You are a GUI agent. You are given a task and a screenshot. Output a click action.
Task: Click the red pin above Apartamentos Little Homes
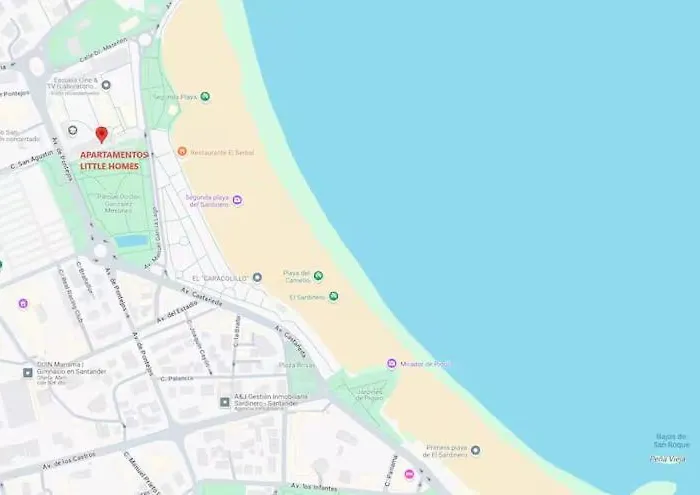click(101, 134)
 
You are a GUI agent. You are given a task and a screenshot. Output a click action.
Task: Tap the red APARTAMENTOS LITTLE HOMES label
click(113, 160)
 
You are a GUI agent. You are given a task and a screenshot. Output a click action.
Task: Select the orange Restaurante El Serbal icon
click(182, 152)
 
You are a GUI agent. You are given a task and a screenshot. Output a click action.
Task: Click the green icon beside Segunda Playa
click(205, 97)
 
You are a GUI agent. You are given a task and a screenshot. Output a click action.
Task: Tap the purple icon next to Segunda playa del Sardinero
click(237, 201)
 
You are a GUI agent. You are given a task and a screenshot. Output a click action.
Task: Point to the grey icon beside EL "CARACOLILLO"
click(257, 277)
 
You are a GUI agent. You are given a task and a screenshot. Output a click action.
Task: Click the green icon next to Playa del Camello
click(318, 276)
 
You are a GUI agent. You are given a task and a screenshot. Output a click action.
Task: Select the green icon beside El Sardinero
click(333, 296)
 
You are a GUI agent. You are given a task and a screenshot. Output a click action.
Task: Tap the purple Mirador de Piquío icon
click(392, 363)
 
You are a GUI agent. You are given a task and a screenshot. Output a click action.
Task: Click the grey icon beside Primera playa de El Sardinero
click(475, 450)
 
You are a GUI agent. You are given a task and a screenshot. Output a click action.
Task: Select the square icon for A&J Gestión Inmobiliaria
click(225, 402)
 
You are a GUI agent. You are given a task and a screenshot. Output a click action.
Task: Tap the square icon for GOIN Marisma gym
click(28, 373)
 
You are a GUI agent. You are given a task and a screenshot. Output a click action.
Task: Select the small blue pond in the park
click(131, 241)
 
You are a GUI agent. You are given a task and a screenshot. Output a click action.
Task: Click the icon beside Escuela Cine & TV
click(106, 85)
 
